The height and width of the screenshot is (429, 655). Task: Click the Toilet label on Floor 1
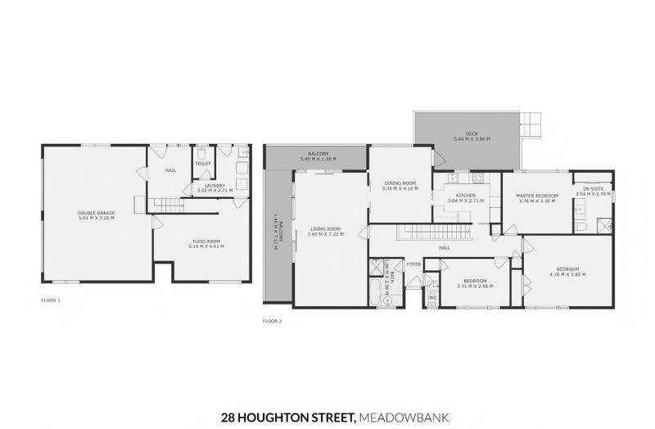202,163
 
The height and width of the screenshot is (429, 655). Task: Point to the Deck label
472,135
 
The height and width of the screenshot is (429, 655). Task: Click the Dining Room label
400,183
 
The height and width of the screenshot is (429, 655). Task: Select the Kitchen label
465,196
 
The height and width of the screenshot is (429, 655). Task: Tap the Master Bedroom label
536,196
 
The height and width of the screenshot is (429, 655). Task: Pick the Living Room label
326,228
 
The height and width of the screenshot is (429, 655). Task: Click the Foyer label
413,264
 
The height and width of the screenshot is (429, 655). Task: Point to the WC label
432,296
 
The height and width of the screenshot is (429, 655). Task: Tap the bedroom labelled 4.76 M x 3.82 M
567,269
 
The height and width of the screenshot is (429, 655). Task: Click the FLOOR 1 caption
51,300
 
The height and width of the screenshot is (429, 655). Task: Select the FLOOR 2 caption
272,321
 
